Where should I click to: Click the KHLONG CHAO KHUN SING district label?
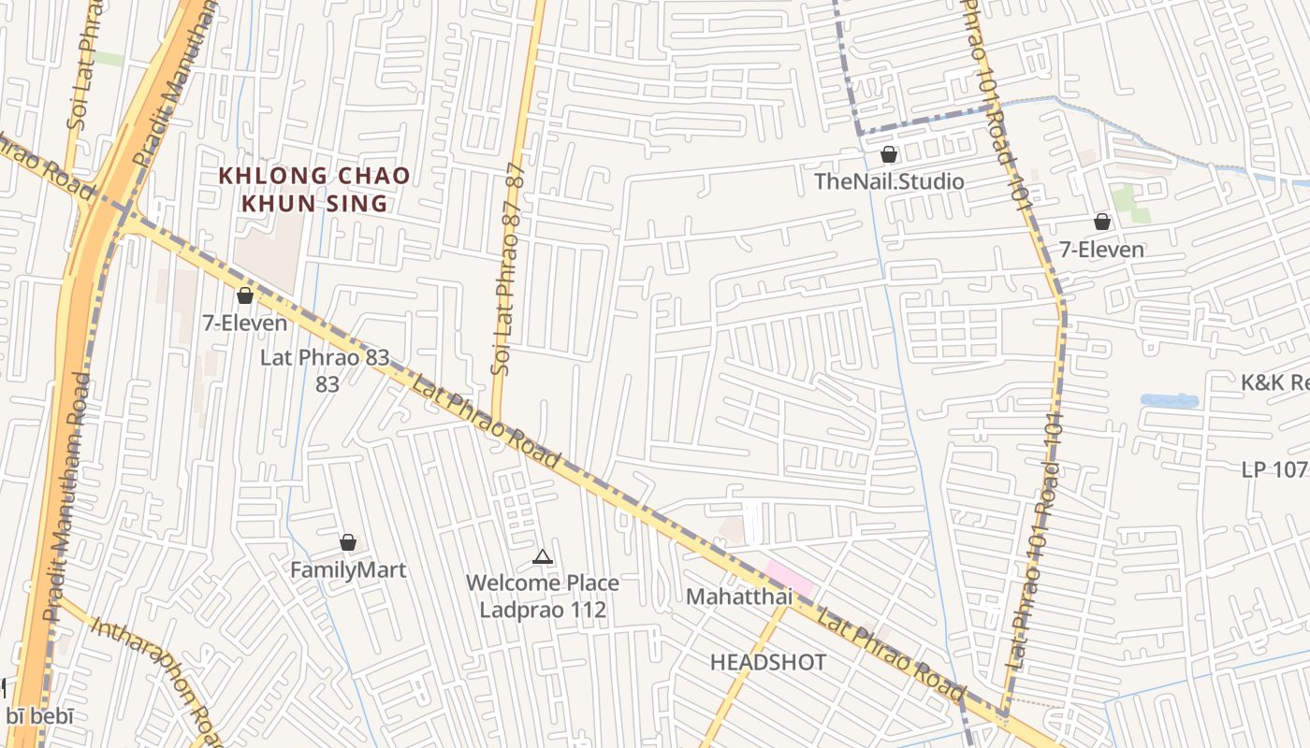click(x=313, y=189)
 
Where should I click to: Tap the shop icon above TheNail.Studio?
click(x=889, y=154)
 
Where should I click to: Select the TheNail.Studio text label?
click(x=889, y=181)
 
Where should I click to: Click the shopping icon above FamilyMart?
click(x=348, y=542)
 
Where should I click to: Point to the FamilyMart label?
click(x=348, y=569)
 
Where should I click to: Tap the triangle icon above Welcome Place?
click(x=542, y=557)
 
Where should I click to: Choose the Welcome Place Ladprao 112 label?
click(x=543, y=597)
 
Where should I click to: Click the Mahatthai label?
click(x=739, y=597)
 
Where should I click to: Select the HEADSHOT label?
click(x=768, y=663)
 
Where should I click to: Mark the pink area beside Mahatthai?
click(x=789, y=579)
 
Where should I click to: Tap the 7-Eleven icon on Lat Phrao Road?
click(x=245, y=296)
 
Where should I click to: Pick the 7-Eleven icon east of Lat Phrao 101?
click(x=1102, y=222)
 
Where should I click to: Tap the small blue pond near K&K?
click(x=1169, y=400)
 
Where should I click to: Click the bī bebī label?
click(x=39, y=717)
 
